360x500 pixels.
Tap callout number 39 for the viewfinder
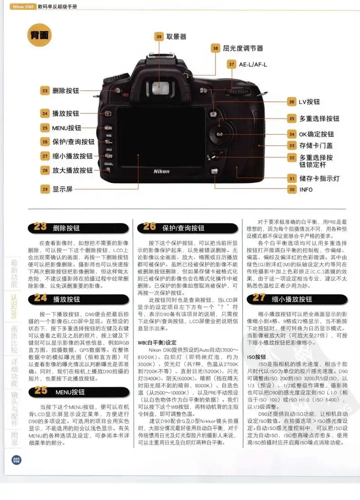[x=159, y=37]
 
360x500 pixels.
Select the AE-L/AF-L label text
[x=253, y=64]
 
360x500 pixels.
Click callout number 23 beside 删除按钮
[x=45, y=90]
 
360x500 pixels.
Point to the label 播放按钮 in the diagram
[x=66, y=113]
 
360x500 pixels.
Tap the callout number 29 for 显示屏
[x=45, y=189]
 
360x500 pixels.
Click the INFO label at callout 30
[x=306, y=189]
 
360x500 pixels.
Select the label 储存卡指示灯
[x=319, y=178]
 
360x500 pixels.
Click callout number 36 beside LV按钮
[x=292, y=102]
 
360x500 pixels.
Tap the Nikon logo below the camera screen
[x=162, y=171]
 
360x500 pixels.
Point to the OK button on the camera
[x=219, y=134]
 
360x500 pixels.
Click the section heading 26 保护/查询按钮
[x=173, y=228]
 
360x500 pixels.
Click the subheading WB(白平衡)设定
[x=157, y=342]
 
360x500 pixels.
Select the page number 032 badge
[x=17, y=459]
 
